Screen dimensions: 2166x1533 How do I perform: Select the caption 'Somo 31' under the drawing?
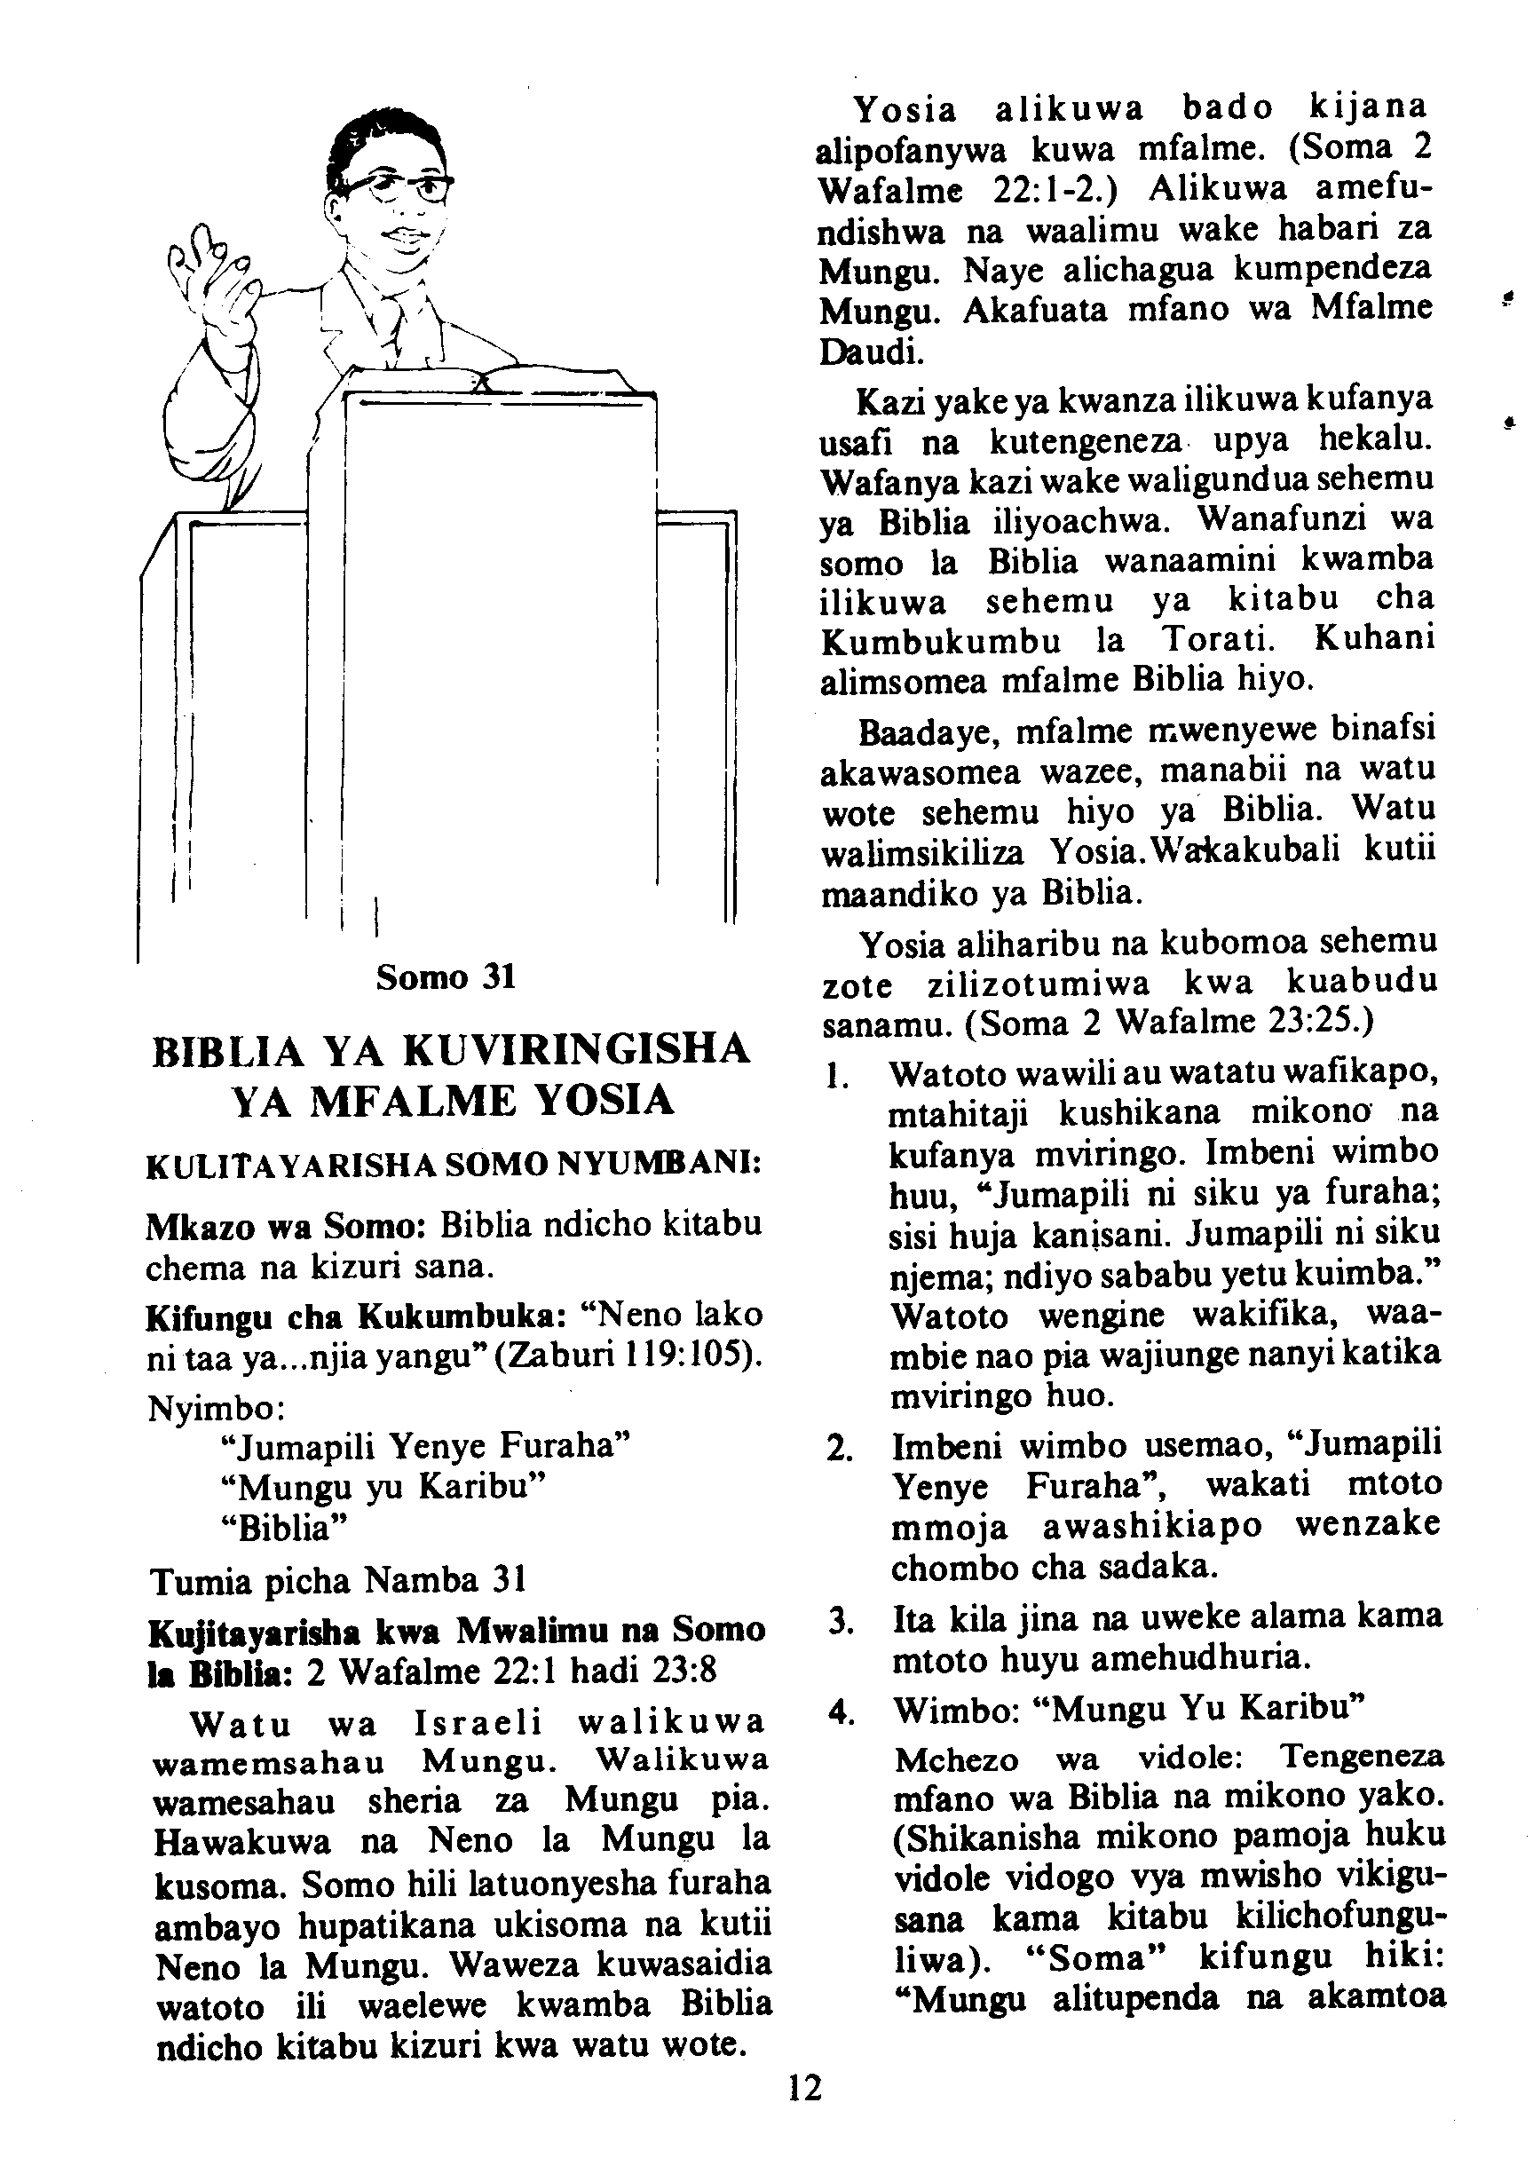click(446, 976)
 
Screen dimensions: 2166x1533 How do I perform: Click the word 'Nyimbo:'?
click(217, 1408)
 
